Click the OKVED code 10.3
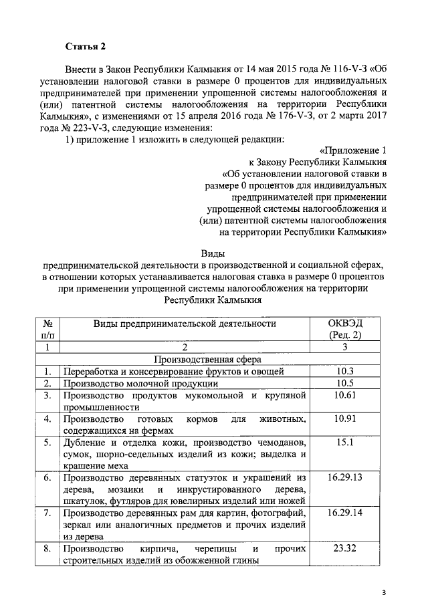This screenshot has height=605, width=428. pyautogui.click(x=344, y=371)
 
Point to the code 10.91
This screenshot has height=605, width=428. pyautogui.click(x=344, y=419)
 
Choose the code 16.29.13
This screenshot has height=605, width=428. pyautogui.click(x=344, y=478)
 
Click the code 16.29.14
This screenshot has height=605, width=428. pyautogui.click(x=344, y=513)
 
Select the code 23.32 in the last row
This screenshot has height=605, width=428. pyautogui.click(x=344, y=548)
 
